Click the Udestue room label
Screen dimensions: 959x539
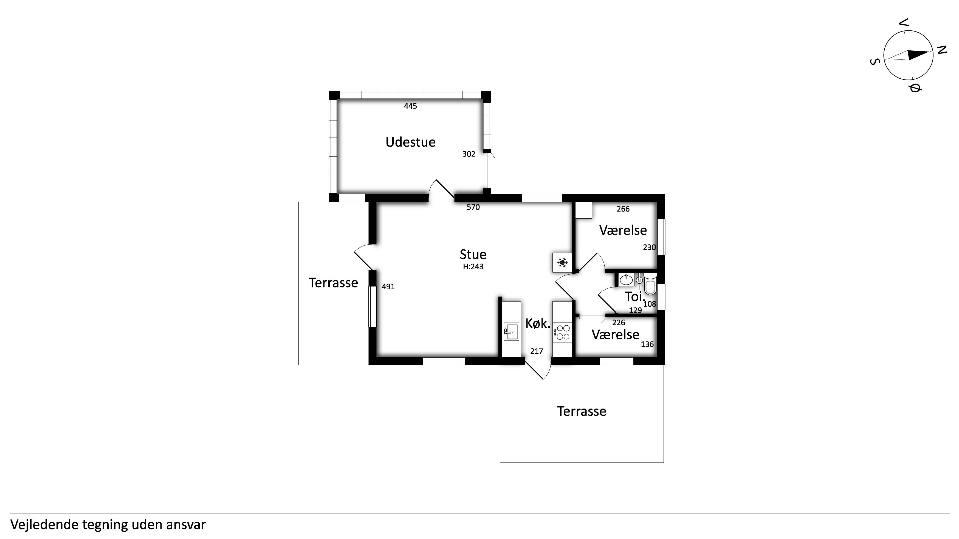click(x=410, y=142)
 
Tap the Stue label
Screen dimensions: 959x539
click(x=473, y=255)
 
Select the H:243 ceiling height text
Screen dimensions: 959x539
click(x=473, y=266)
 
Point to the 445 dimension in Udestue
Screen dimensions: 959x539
click(x=410, y=106)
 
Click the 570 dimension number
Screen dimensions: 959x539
click(x=473, y=207)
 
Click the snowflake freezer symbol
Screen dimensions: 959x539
click(x=562, y=263)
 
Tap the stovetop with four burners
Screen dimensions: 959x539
click(x=562, y=332)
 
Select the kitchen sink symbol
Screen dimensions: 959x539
click(x=511, y=332)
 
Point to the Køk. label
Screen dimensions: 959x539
click(x=538, y=324)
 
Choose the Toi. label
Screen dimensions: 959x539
click(x=635, y=296)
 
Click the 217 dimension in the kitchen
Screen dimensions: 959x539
click(x=537, y=351)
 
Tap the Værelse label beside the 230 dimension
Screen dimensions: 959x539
click(x=623, y=230)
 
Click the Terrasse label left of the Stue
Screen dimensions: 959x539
click(x=333, y=283)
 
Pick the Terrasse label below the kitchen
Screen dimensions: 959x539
click(x=582, y=411)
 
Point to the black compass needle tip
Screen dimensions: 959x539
click(x=929, y=53)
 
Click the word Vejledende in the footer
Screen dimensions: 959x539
click(x=44, y=524)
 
